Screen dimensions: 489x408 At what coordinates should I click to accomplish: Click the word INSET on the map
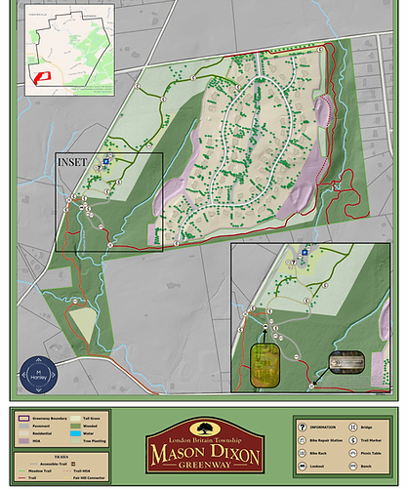point(73,161)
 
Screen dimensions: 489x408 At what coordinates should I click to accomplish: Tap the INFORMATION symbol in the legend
point(304,426)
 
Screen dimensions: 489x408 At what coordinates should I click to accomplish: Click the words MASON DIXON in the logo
point(205,453)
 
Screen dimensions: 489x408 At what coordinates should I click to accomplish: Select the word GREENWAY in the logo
point(205,469)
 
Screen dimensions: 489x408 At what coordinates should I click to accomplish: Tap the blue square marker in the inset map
point(305,252)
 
